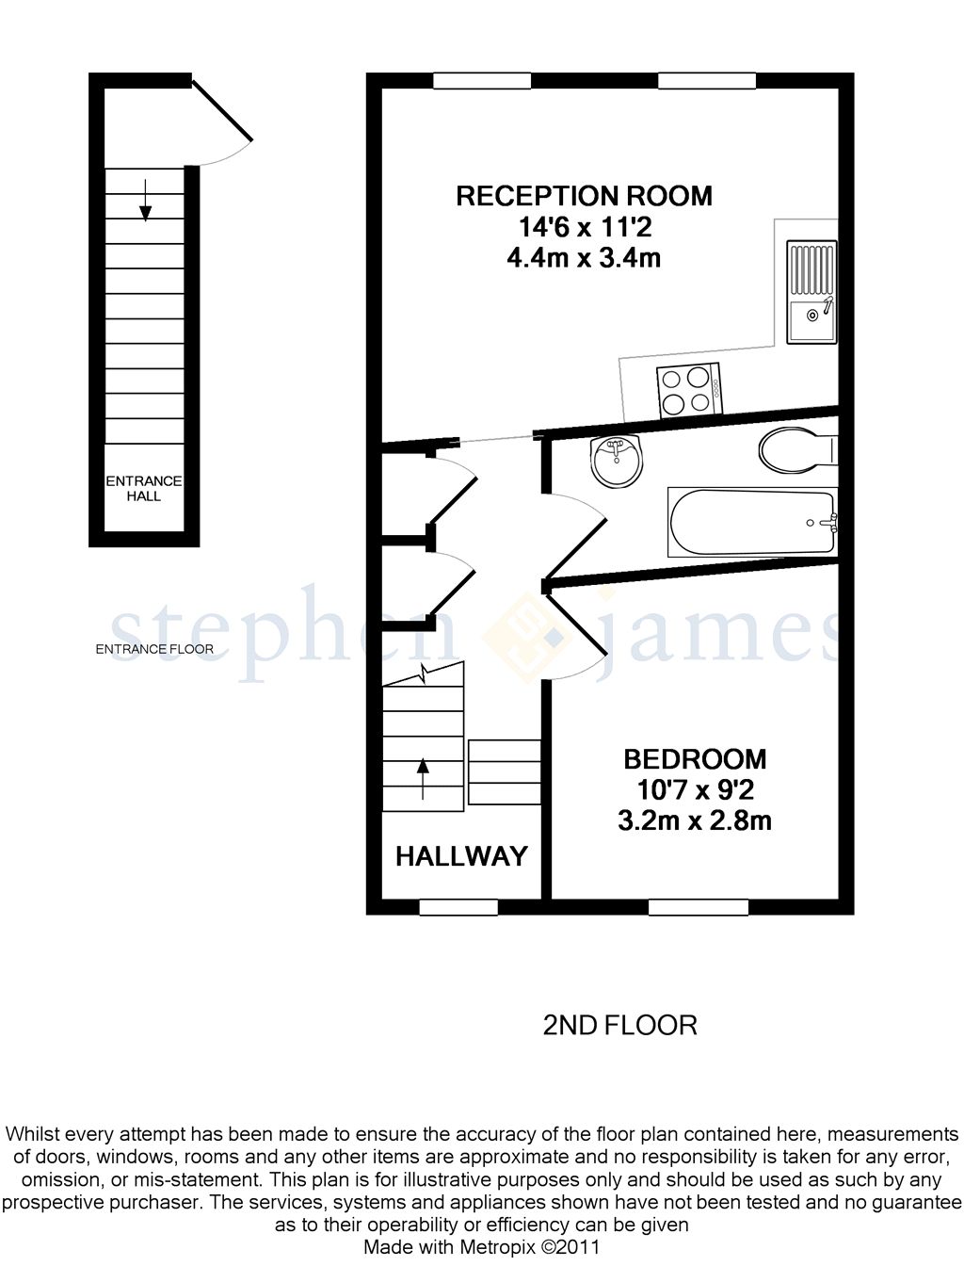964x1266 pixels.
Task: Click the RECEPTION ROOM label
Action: click(584, 196)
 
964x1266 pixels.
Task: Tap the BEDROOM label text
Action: click(695, 758)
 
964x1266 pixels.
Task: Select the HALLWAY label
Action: click(461, 856)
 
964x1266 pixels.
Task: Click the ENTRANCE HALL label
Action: click(144, 488)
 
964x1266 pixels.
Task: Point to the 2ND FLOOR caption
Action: click(619, 1025)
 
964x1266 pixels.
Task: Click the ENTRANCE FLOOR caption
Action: click(154, 649)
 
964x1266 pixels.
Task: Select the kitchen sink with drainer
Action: click(811, 293)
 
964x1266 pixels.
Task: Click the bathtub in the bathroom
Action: click(752, 522)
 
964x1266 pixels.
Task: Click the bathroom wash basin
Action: click(617, 461)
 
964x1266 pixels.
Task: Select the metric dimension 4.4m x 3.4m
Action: click(584, 257)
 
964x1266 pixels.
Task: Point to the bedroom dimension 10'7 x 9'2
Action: click(695, 789)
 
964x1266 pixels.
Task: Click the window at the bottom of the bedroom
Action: click(698, 907)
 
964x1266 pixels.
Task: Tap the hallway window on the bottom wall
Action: click(458, 907)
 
